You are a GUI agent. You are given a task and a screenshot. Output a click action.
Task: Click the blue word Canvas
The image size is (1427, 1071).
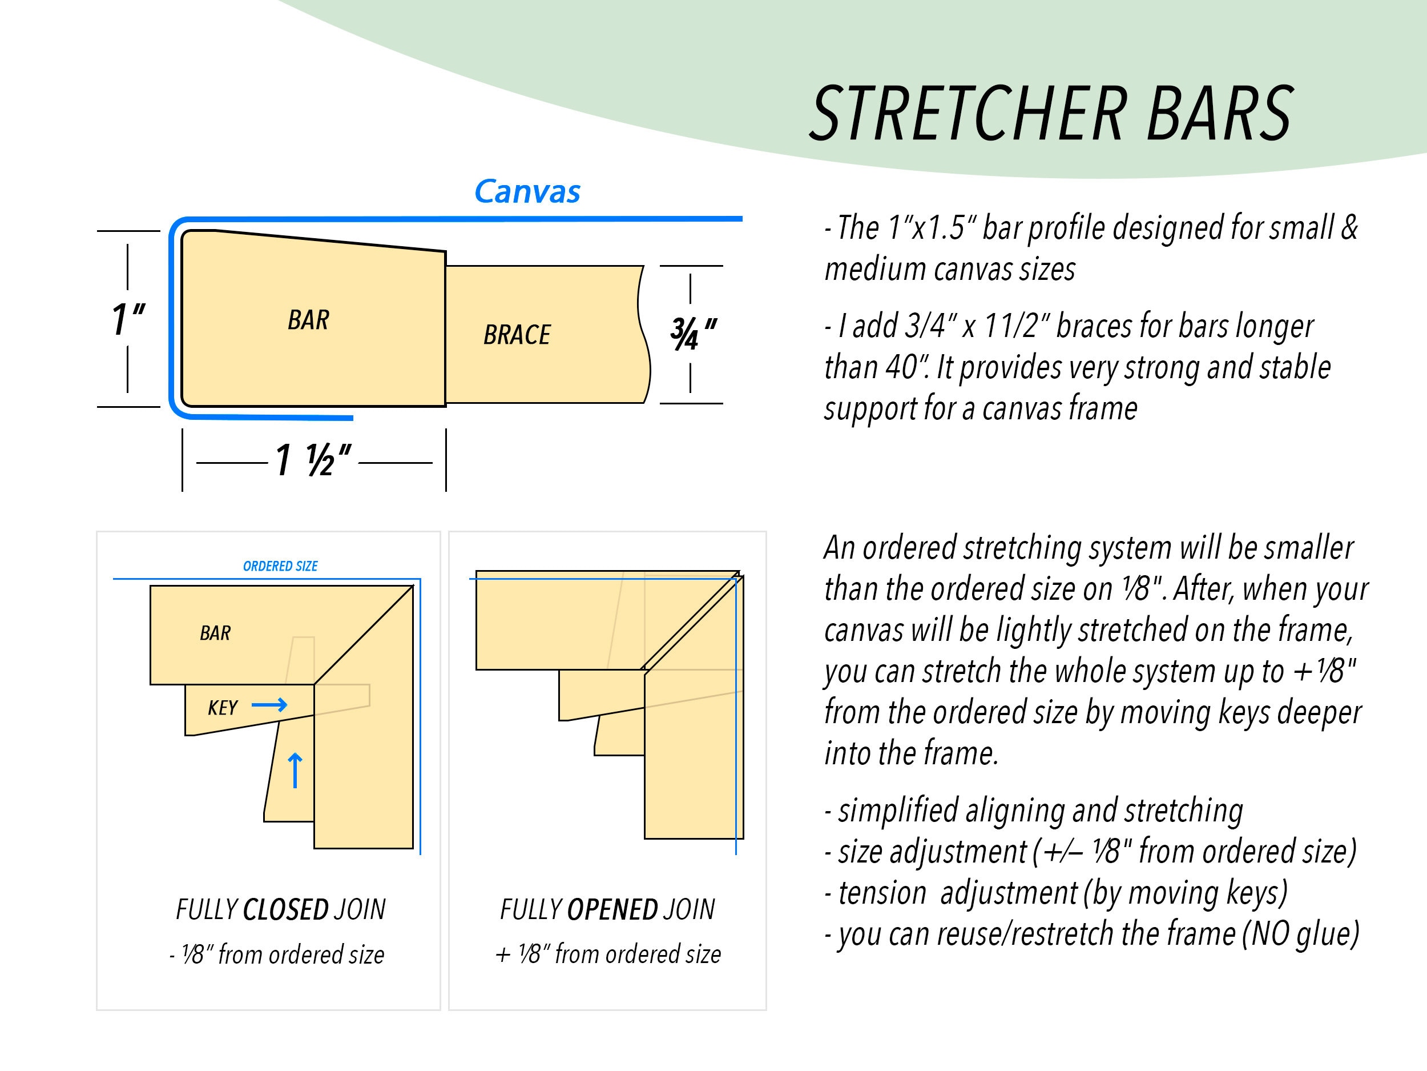pyautogui.click(x=527, y=192)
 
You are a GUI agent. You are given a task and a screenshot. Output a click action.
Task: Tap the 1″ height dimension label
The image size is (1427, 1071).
pyautogui.click(x=128, y=319)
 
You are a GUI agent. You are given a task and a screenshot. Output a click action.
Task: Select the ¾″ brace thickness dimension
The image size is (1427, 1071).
pyautogui.click(x=693, y=334)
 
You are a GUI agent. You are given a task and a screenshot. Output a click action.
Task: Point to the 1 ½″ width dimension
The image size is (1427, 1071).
pyautogui.click(x=313, y=461)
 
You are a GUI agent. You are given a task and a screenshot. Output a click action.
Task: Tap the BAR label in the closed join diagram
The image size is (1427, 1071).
pyautogui.click(x=215, y=633)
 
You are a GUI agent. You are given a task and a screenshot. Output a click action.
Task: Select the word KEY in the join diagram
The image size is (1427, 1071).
pyautogui.click(x=223, y=708)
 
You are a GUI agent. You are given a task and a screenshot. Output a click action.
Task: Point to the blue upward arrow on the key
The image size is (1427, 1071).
pyautogui.click(x=295, y=770)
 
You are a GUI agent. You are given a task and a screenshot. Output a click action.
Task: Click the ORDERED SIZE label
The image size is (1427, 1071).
pyautogui.click(x=280, y=566)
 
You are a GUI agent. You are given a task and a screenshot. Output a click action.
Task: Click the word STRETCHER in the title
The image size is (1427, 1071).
pyautogui.click(x=968, y=114)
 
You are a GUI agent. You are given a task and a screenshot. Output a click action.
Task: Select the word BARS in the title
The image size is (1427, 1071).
pyautogui.click(x=1219, y=114)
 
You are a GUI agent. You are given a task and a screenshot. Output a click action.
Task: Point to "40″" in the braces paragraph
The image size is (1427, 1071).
pyautogui.click(x=906, y=367)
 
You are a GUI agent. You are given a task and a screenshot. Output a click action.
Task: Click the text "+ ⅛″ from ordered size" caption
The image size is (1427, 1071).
pyautogui.click(x=608, y=954)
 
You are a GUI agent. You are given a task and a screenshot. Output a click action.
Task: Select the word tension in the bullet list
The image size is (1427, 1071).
pyautogui.click(x=882, y=893)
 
